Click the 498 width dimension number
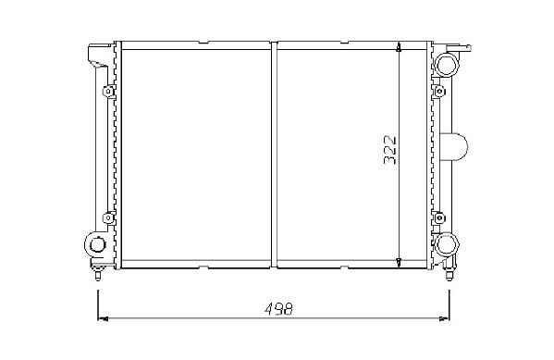tap(278, 309)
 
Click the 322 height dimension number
tap(390, 150)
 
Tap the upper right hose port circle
tap(446, 65)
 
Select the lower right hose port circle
tap(446, 244)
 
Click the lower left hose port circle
tap(96, 244)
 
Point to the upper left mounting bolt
tap(108, 92)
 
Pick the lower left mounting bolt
tap(108, 217)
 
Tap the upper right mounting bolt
tap(439, 92)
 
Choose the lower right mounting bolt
tap(439, 217)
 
